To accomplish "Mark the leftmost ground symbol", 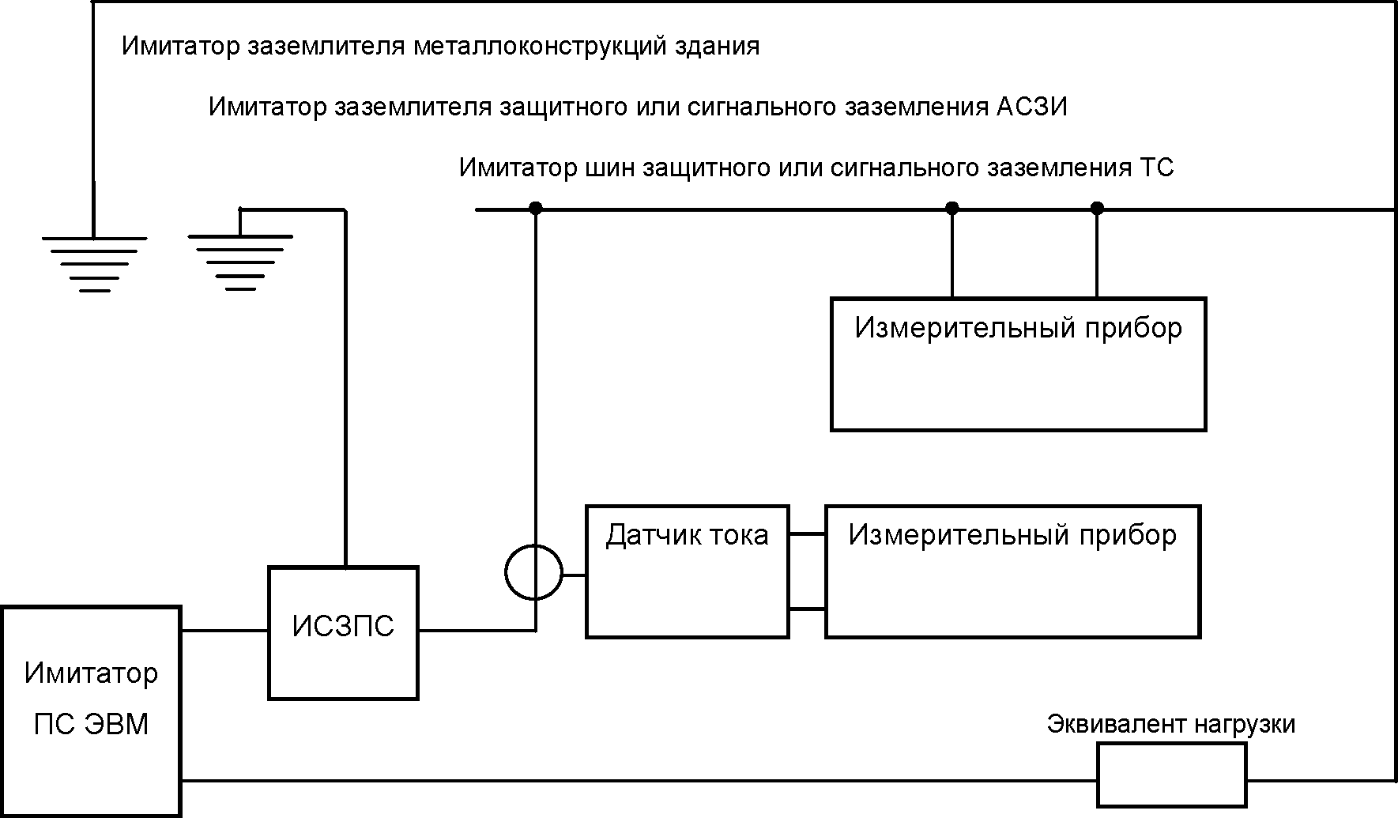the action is coord(94,265).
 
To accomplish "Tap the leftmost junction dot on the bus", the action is coord(536,209).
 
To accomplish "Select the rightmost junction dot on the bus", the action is coord(1097,209).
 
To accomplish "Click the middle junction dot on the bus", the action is coord(952,209).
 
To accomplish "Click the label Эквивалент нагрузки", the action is coord(1171,724).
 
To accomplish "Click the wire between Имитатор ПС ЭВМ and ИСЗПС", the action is coord(225,631).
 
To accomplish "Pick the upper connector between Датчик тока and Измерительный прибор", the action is coord(808,534).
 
